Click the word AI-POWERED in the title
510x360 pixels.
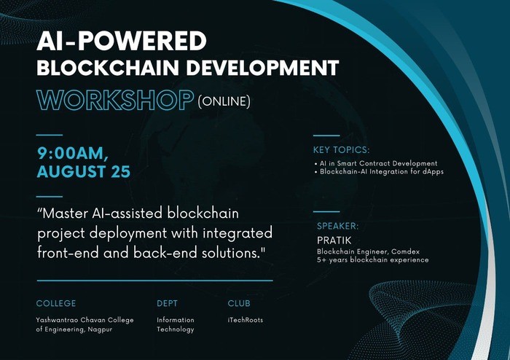pyautogui.click(x=122, y=41)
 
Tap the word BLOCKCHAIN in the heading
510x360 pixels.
pyautogui.click(x=108, y=68)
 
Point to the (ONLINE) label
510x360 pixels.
pyautogui.click(x=224, y=101)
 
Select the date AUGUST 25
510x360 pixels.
pyautogui.click(x=84, y=171)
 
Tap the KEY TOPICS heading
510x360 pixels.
pyautogui.click(x=341, y=150)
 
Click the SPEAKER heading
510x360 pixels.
pyautogui.click(x=338, y=226)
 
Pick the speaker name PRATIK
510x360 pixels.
pyautogui.click(x=334, y=240)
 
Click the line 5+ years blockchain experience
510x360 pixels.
pyautogui.click(x=373, y=260)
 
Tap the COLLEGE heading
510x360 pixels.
pyautogui.click(x=56, y=303)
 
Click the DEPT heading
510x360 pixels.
pyautogui.click(x=167, y=303)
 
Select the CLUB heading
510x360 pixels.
pyautogui.click(x=239, y=303)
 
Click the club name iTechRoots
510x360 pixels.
pyautogui.click(x=246, y=320)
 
